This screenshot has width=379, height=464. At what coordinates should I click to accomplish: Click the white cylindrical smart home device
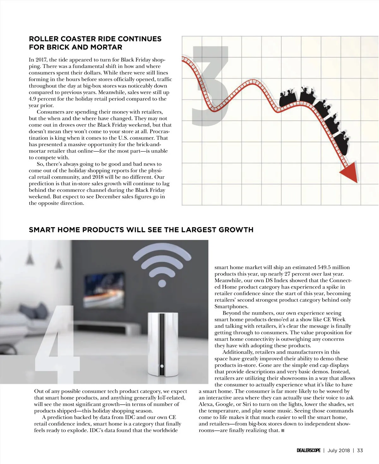pyautogui.click(x=162, y=344)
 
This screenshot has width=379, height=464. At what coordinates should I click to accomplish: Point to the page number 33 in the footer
pyautogui.click(x=360, y=450)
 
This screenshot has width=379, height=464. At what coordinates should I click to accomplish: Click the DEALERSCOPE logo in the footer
pyautogui.click(x=308, y=450)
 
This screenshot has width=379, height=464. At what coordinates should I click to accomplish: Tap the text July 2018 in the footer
pyautogui.click(x=339, y=450)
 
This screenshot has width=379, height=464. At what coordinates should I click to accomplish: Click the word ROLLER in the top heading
pyautogui.click(x=43, y=39)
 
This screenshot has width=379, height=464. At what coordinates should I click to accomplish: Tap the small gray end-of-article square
pyautogui.click(x=283, y=431)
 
